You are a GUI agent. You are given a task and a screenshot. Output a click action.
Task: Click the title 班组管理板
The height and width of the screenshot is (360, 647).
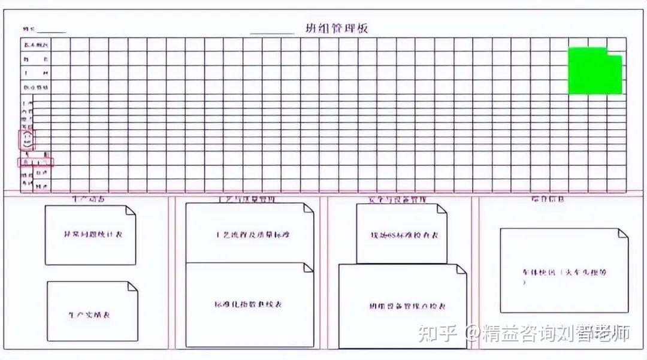(x=336, y=28)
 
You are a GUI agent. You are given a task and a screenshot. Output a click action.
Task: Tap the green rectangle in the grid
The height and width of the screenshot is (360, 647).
(x=594, y=71)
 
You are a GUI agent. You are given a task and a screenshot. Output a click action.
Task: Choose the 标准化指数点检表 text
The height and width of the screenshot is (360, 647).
(x=248, y=304)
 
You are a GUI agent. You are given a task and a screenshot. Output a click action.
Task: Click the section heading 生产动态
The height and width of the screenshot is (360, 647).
(x=88, y=199)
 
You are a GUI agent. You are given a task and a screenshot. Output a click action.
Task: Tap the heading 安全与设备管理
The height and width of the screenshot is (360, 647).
(x=397, y=199)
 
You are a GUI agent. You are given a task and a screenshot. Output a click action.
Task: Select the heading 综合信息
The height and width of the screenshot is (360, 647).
(x=547, y=199)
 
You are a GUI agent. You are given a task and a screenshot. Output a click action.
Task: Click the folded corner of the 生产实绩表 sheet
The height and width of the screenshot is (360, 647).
(x=132, y=287)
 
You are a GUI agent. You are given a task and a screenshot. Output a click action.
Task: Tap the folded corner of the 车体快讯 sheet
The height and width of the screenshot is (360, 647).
(x=623, y=233)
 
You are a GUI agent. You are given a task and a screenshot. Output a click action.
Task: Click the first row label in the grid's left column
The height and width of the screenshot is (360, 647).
(x=37, y=45)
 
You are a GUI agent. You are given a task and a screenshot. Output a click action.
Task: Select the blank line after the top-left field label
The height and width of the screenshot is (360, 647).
(x=52, y=32)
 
